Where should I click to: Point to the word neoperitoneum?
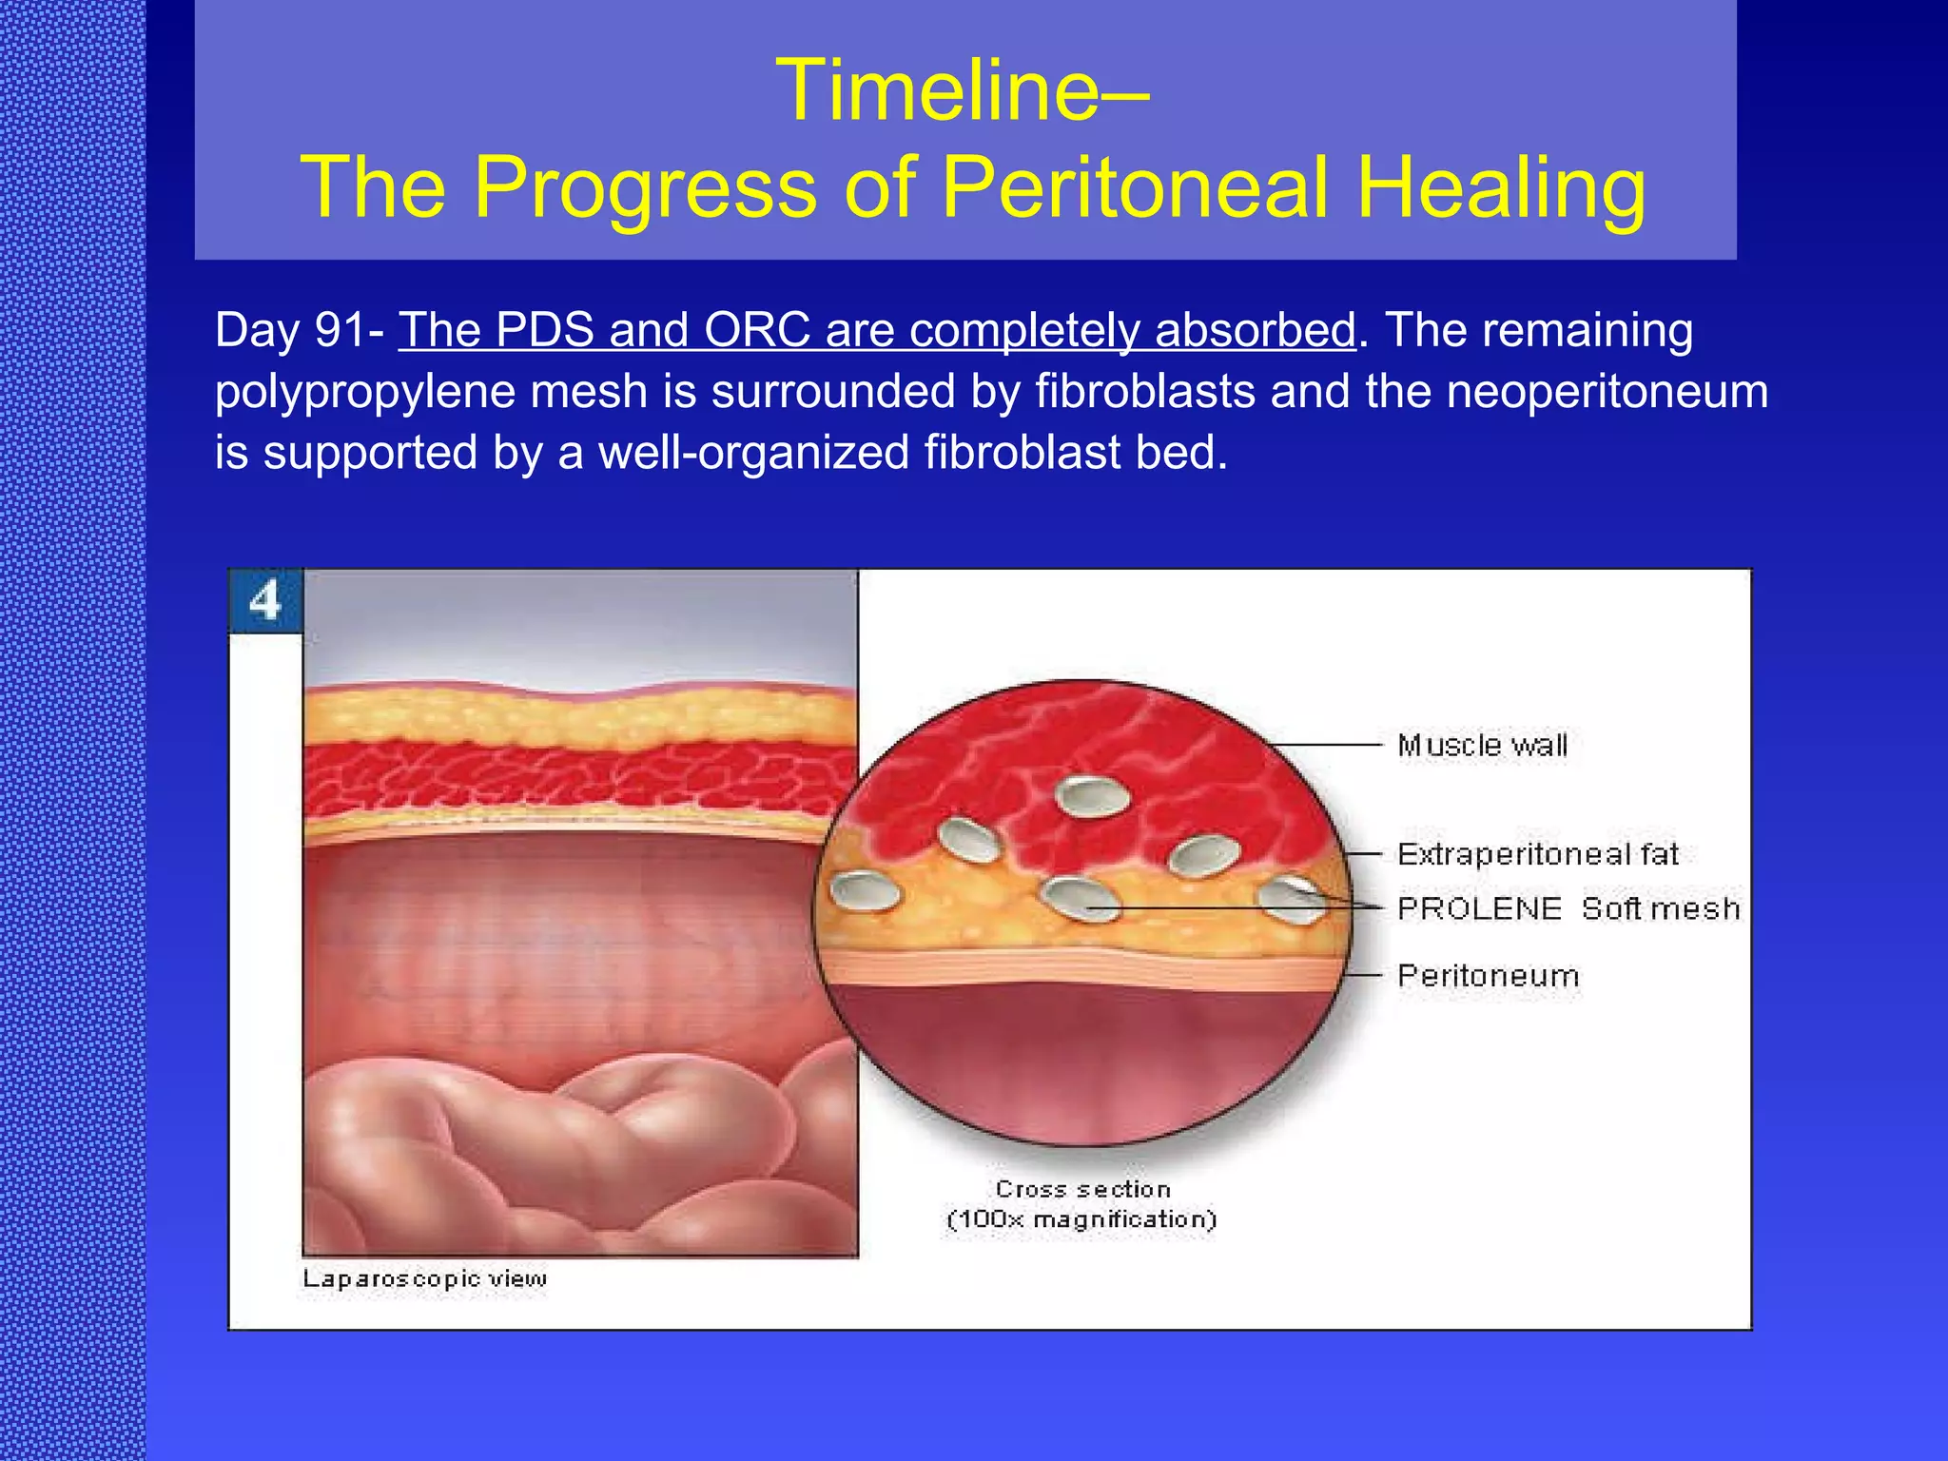(1607, 392)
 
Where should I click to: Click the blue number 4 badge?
(265, 601)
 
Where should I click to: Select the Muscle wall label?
(1482, 745)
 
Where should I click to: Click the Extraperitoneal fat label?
(1537, 854)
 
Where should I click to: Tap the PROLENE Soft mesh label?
(1568, 908)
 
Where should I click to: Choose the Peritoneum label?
(1488, 976)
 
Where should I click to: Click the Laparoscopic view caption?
(424, 1278)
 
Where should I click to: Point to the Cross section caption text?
(1082, 1189)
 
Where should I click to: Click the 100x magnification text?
(1082, 1219)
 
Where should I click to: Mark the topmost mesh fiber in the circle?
(1093, 795)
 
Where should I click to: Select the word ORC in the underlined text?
(757, 331)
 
